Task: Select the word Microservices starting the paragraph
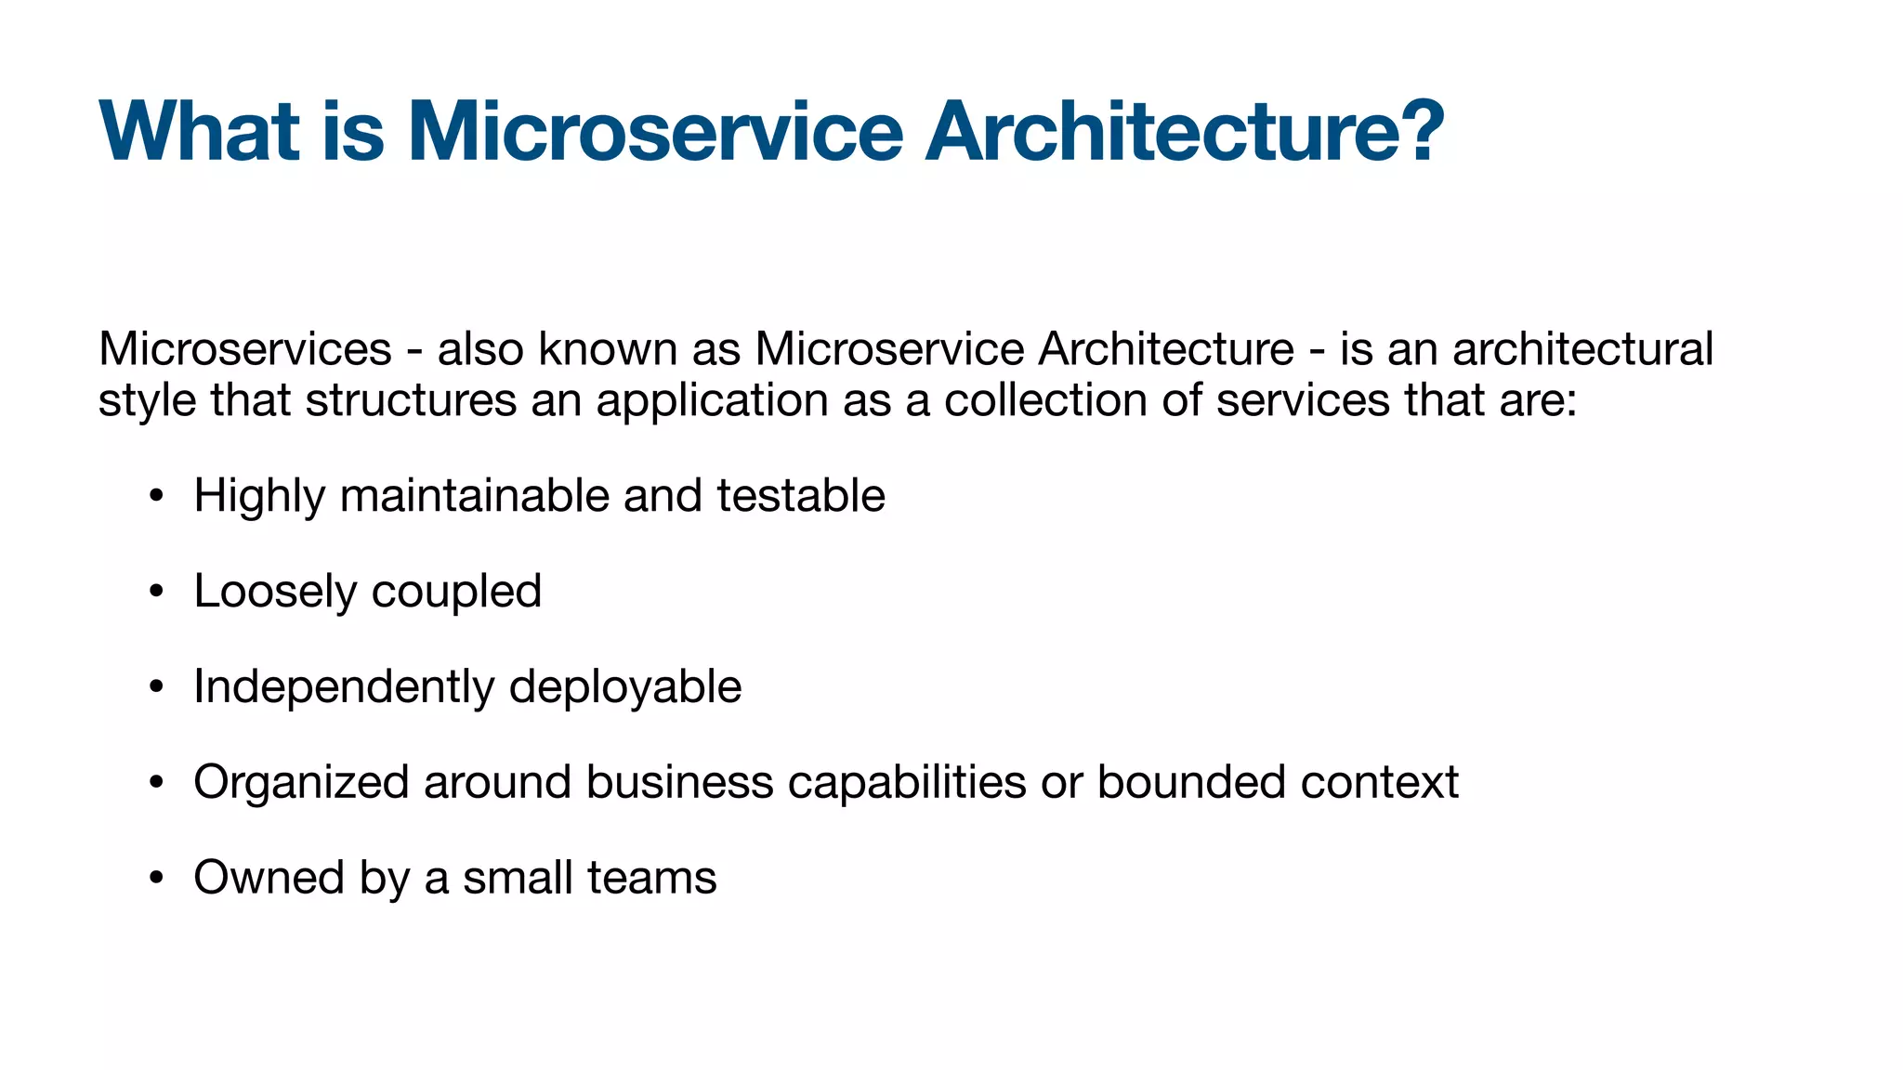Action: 245,350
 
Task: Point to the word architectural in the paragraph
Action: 1582,350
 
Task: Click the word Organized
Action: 301,783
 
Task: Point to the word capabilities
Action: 907,783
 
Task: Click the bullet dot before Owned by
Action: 156,879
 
